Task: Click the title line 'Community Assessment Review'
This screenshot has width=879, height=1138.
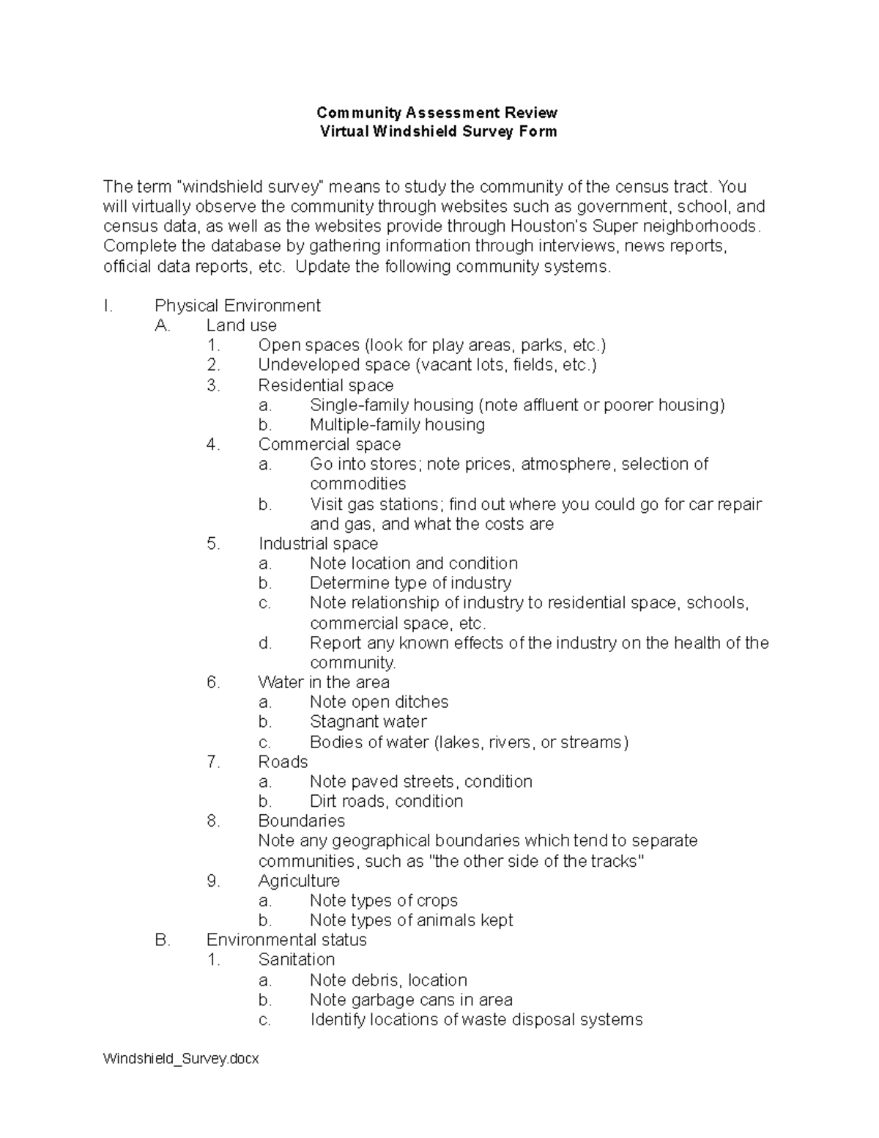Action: [437, 113]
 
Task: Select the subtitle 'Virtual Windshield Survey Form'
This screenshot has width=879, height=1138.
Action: [438, 132]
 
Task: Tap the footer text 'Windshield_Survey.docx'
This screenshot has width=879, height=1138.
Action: [181, 1059]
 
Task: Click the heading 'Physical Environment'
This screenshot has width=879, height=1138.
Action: [237, 306]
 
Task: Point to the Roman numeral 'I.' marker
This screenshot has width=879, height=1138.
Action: [108, 306]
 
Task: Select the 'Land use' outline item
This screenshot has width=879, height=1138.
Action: [241, 325]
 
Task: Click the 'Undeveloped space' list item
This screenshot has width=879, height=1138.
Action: [427, 365]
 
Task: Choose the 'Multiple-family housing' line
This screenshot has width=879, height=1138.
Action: [397, 425]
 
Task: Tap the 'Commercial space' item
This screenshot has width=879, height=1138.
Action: [329, 445]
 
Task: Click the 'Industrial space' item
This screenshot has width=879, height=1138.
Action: [318, 544]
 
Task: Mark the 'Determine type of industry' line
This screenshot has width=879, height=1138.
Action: [410, 583]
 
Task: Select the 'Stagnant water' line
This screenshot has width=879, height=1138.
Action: [368, 722]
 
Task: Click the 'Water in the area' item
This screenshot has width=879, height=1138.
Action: [323, 682]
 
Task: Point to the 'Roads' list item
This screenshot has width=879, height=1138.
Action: [283, 762]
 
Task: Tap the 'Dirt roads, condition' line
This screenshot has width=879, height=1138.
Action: [386, 802]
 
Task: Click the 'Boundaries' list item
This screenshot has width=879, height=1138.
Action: [301, 821]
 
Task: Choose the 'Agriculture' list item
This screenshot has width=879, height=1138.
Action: [299, 881]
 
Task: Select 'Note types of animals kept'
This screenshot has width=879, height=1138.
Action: [411, 920]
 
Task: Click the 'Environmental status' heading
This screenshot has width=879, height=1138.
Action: [286, 940]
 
